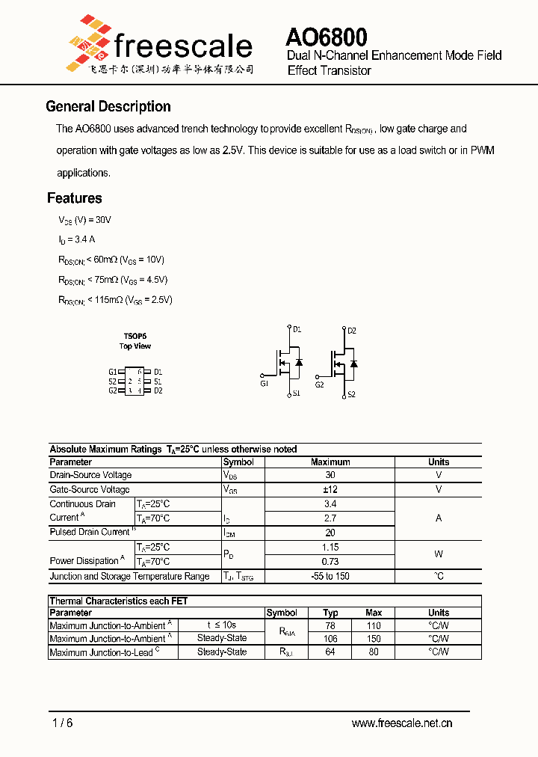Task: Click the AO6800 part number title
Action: click(x=326, y=37)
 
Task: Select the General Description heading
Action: click(x=108, y=106)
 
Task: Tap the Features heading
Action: click(x=75, y=198)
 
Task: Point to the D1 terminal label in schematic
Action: click(x=297, y=329)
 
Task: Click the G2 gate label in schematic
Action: click(x=319, y=384)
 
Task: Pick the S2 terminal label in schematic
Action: click(x=351, y=394)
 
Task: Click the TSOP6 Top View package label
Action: click(x=135, y=341)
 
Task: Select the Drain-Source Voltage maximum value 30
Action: click(x=330, y=475)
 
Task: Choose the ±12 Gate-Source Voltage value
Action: click(x=330, y=489)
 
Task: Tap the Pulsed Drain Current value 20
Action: click(x=330, y=533)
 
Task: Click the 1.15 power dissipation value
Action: click(x=330, y=548)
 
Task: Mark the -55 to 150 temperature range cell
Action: click(x=330, y=576)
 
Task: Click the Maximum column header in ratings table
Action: click(x=330, y=462)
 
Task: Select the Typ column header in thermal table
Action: click(x=330, y=613)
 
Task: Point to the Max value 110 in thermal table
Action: click(x=374, y=625)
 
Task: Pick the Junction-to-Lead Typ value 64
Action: click(x=330, y=652)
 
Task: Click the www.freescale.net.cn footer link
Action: click(x=402, y=723)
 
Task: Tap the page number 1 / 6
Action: click(x=63, y=723)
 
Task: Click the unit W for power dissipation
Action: click(x=439, y=554)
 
